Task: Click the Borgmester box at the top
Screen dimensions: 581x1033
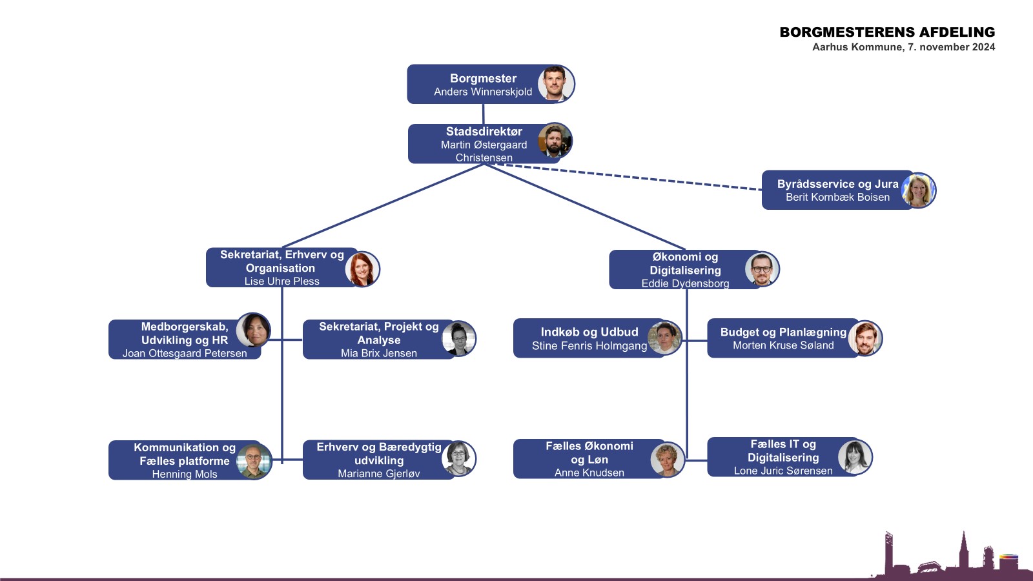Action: (x=478, y=85)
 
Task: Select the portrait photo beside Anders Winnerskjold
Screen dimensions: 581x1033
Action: (x=556, y=84)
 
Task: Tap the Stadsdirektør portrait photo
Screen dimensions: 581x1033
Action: (x=555, y=141)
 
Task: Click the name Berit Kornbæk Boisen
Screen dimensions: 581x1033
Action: (x=837, y=198)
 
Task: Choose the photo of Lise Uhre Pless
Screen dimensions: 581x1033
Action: (x=362, y=269)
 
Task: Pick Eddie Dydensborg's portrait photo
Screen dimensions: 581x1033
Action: (x=762, y=269)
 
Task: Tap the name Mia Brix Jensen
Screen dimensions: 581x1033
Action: (x=379, y=353)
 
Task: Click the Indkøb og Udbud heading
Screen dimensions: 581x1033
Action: (x=589, y=332)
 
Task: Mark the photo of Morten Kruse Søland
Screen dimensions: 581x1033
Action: (x=865, y=338)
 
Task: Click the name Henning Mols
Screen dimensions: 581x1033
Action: (x=185, y=474)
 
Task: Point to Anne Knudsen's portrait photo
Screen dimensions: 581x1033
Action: (x=667, y=459)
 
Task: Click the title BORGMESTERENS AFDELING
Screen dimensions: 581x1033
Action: (x=887, y=32)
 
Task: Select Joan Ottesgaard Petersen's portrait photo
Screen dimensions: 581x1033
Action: (x=253, y=330)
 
